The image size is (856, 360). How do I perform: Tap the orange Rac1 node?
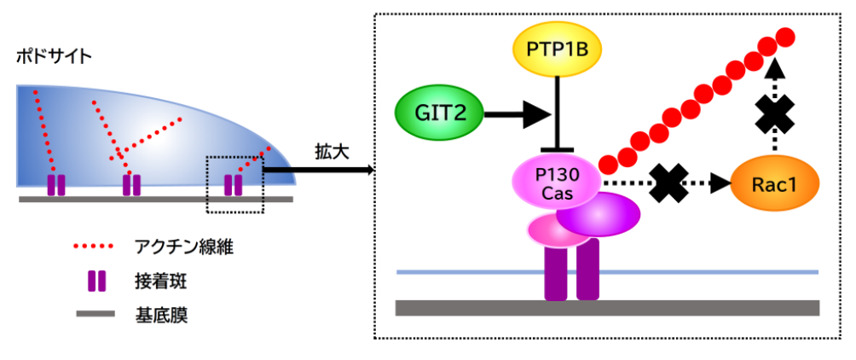[774, 183]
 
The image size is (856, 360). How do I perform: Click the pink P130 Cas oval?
[556, 181]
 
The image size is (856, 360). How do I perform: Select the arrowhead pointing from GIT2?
[536, 111]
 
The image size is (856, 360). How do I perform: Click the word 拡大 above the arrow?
[327, 150]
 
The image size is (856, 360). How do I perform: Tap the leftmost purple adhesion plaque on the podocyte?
[55, 184]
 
